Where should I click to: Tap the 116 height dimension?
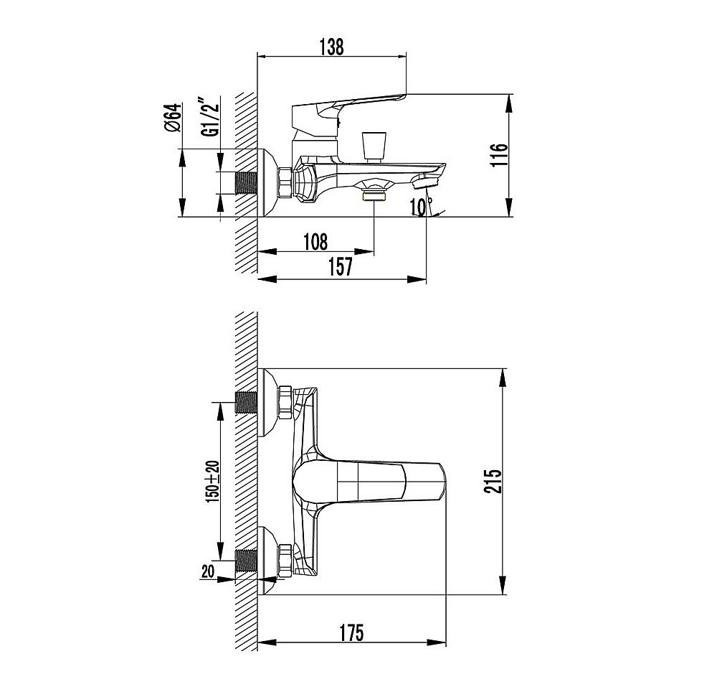[499, 155]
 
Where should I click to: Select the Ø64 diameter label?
[174, 118]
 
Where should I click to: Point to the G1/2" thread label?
[209, 117]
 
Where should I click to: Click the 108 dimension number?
[316, 242]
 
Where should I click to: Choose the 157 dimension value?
[341, 267]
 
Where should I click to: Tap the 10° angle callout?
[421, 207]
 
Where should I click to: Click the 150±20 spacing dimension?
[213, 482]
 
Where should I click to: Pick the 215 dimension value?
[493, 480]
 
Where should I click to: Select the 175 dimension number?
[351, 633]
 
